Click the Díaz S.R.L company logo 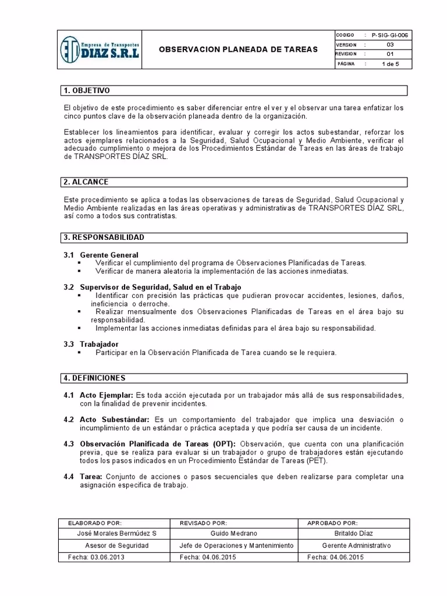[x=100, y=50]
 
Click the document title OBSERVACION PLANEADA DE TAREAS [x=239, y=49]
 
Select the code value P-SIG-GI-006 [x=390, y=35]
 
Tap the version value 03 [x=390, y=44]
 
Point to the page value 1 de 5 [x=390, y=64]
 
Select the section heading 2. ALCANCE [x=86, y=182]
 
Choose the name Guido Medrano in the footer [x=233, y=534]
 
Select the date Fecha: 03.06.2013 [x=96, y=557]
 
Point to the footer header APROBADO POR [x=332, y=523]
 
